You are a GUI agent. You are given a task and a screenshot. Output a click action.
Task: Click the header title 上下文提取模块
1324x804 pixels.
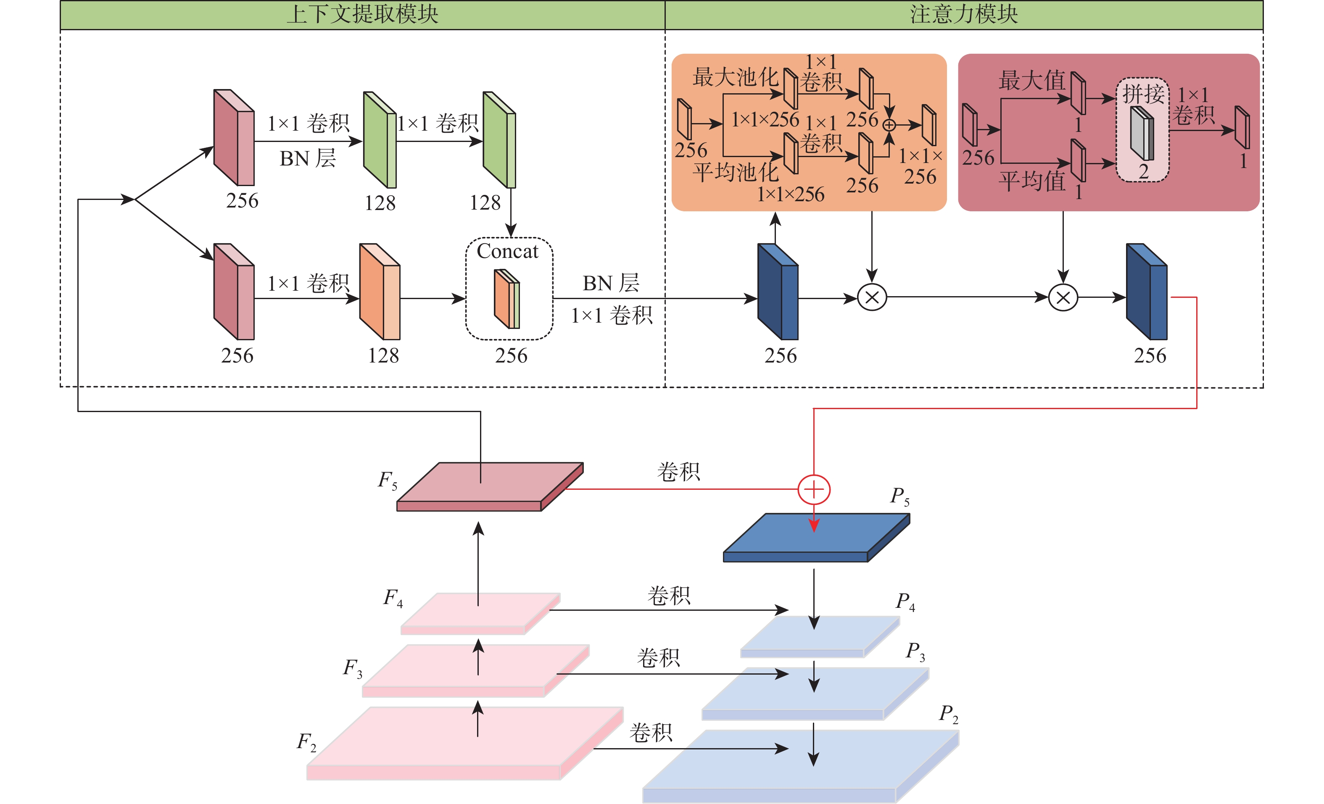[362, 15]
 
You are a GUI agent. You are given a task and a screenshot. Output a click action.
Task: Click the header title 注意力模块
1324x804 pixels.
[964, 15]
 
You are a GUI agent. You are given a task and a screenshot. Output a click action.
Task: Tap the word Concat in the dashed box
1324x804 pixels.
[507, 251]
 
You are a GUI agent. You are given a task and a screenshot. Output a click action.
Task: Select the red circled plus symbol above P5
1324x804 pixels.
[814, 489]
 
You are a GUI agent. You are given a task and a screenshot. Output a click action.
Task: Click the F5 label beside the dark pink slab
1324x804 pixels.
[388, 480]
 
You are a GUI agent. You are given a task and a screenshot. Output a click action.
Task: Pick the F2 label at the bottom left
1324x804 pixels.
[307, 742]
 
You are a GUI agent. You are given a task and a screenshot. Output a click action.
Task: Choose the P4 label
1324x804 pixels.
[905, 602]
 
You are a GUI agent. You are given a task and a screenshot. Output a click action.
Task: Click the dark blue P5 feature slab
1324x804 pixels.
[816, 538]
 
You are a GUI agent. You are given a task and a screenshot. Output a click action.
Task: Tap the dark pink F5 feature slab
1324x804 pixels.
[490, 486]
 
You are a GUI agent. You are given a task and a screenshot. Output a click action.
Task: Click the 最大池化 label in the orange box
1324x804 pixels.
[736, 77]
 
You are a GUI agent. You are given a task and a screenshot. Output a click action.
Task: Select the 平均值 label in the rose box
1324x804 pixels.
[1032, 181]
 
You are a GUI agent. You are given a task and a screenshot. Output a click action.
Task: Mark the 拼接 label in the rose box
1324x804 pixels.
[1143, 95]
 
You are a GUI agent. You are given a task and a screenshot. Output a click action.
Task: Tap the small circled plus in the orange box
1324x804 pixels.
[889, 125]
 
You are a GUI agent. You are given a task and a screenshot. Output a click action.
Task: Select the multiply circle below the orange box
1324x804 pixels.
[872, 297]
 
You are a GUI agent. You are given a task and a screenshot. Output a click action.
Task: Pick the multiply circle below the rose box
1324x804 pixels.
[1063, 297]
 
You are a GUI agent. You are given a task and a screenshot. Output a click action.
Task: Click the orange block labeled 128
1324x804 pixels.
[380, 292]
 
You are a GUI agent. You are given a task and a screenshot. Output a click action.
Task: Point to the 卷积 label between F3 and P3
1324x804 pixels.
[658, 658]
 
